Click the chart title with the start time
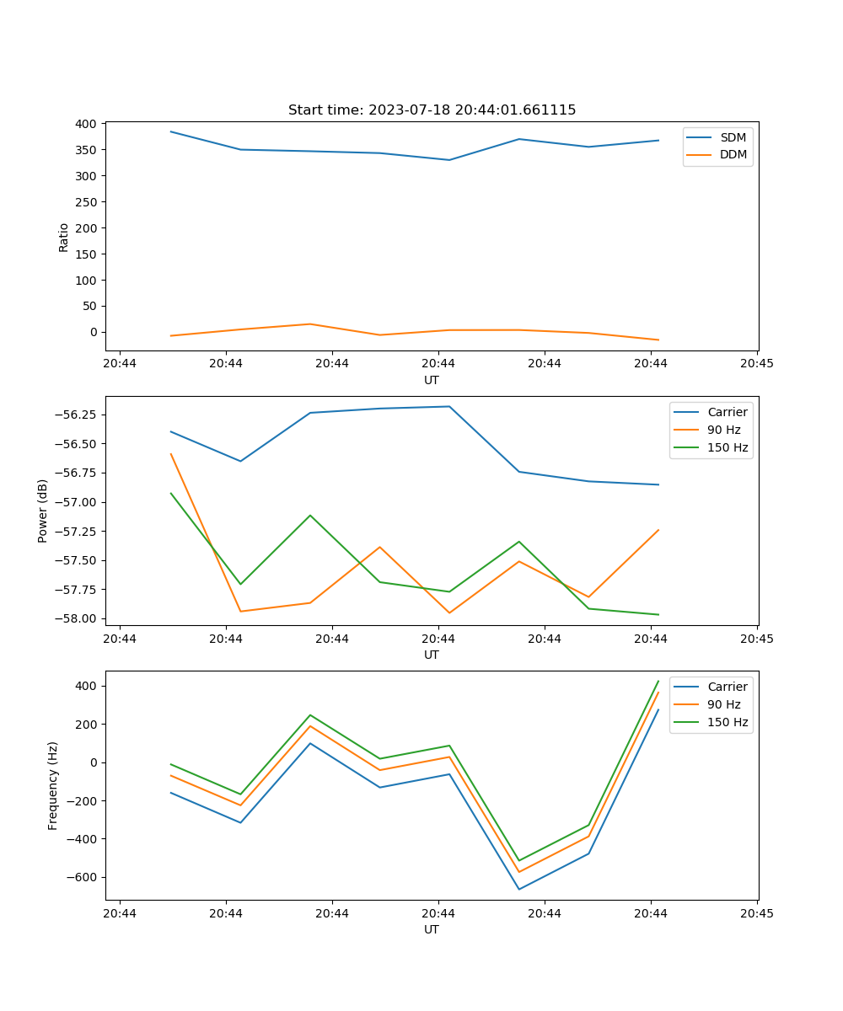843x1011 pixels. point(432,110)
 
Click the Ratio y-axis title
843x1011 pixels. point(64,237)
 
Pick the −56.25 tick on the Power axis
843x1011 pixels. point(75,415)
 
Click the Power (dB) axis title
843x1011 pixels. point(43,511)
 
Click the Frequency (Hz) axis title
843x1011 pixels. point(53,785)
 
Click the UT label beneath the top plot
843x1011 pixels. point(432,380)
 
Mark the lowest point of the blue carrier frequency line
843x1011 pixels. point(519,889)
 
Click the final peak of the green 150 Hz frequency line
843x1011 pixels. point(658,681)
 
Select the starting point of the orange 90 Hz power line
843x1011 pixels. point(171,454)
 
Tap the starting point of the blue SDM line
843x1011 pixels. point(171,131)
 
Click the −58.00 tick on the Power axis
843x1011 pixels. point(75,618)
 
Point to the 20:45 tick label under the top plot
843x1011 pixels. point(757,364)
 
